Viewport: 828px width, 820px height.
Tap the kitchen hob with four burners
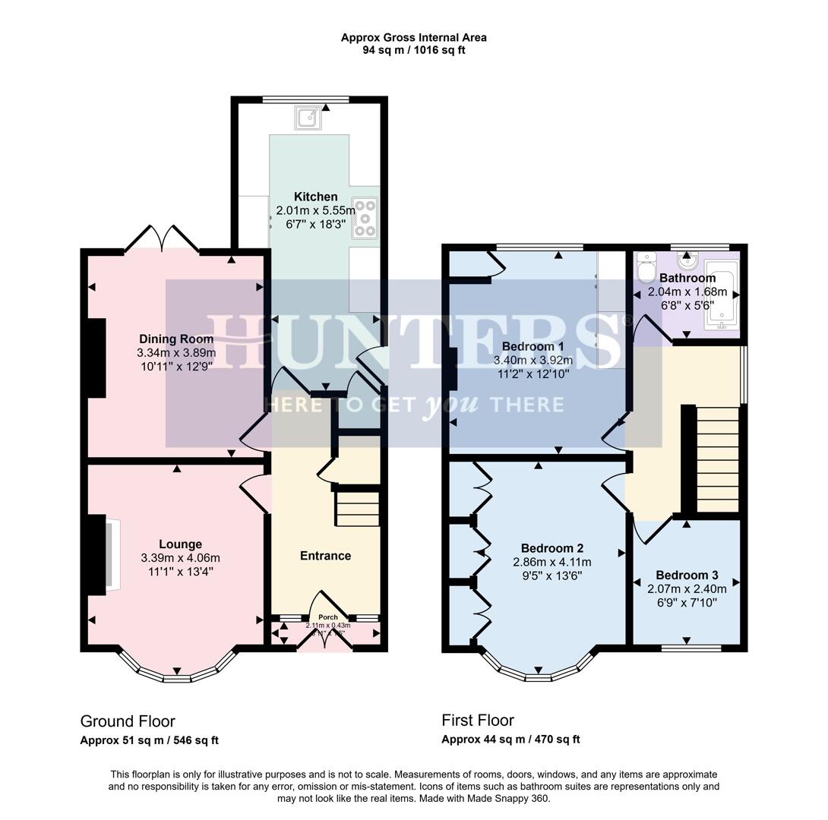364,219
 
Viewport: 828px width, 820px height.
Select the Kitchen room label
315,197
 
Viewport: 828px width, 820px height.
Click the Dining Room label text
175,339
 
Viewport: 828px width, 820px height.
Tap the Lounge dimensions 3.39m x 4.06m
180,558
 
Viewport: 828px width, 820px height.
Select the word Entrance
325,556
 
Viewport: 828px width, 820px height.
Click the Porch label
327,617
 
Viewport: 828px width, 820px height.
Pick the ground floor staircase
357,508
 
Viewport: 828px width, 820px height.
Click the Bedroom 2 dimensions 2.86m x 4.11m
551,563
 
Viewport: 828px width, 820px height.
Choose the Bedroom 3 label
687,575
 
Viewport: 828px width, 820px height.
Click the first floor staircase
717,459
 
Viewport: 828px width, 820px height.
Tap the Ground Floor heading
128,721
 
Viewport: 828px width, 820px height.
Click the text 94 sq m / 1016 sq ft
413,50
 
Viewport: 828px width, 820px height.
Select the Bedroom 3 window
691,648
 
